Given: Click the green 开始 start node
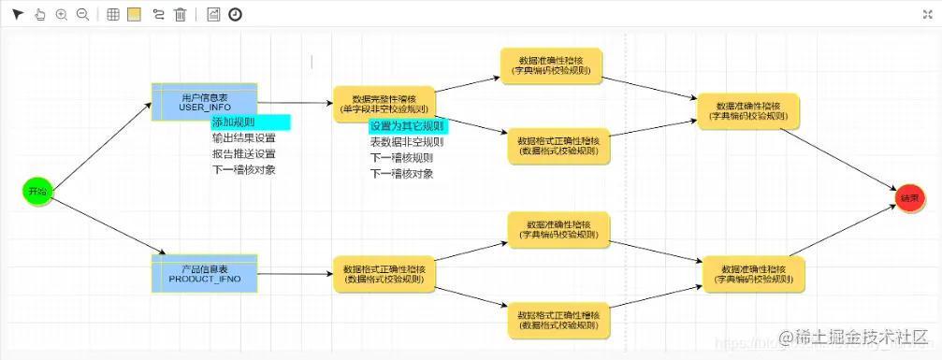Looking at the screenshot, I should pos(36,191).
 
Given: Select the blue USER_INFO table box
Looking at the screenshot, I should pos(204,101).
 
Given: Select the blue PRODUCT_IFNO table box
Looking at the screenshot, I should pos(204,274).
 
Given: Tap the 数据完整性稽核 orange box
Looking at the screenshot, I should pos(384,104).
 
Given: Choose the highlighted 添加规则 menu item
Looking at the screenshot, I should pos(250,122).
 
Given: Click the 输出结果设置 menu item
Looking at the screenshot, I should pos(243,138).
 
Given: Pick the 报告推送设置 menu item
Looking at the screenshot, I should pos(243,154).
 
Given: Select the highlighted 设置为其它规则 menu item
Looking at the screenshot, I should pos(407,126).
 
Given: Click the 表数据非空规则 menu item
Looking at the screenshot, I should pos(407,142).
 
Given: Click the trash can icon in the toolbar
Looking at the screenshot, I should pos(181,14).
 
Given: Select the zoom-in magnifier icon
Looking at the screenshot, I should pos(62,14).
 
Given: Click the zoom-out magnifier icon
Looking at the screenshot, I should pos(82,14).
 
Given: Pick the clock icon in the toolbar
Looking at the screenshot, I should pos(235,14).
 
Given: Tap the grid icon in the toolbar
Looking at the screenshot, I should pos(113,14).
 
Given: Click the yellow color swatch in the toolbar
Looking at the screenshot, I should pos(134,14).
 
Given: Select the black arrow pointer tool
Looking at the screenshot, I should pos(17,14).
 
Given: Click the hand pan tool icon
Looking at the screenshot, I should pos(39,14).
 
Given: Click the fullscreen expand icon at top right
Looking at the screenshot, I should pos(927,14).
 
